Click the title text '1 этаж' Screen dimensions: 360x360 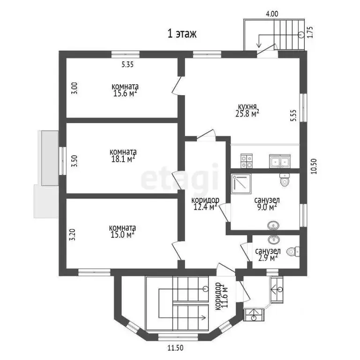tap(182, 34)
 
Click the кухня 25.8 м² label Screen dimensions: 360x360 tap(248, 109)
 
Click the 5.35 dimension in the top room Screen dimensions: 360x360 tap(127, 66)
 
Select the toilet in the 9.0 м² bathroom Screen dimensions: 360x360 tap(284, 180)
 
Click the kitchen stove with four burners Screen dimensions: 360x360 tap(247, 162)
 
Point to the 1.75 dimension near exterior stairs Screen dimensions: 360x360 tap(311, 32)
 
